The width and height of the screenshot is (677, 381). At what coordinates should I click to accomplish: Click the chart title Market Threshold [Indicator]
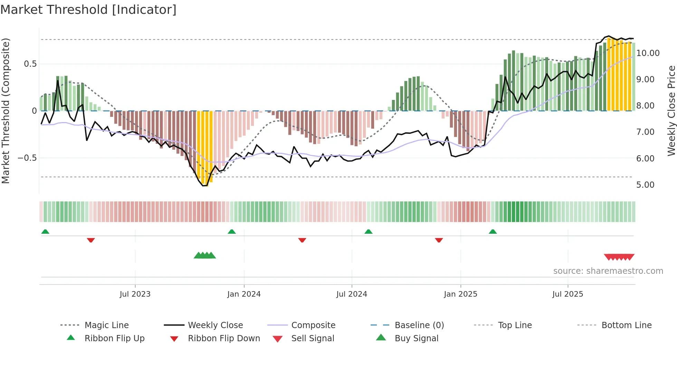[x=88, y=10]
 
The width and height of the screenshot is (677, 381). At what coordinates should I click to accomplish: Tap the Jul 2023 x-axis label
[x=135, y=294]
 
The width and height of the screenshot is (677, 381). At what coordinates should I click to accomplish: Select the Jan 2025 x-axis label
[x=460, y=294]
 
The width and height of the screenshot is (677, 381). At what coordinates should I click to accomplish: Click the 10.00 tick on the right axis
[x=648, y=53]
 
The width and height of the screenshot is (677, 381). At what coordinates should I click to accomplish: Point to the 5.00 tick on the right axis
[x=645, y=185]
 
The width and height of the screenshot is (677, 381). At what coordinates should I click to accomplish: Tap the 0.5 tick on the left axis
[x=30, y=64]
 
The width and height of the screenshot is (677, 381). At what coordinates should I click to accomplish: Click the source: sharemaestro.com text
[x=608, y=271]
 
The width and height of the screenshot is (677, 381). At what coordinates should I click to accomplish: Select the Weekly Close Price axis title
[x=671, y=111]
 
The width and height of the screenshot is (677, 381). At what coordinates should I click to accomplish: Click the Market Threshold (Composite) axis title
[x=6, y=111]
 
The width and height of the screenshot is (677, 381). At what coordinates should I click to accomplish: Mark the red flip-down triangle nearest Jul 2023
[x=91, y=240]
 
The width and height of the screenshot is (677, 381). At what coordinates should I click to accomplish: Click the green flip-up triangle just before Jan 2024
[x=232, y=232]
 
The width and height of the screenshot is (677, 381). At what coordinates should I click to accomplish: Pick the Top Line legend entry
[x=515, y=325]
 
